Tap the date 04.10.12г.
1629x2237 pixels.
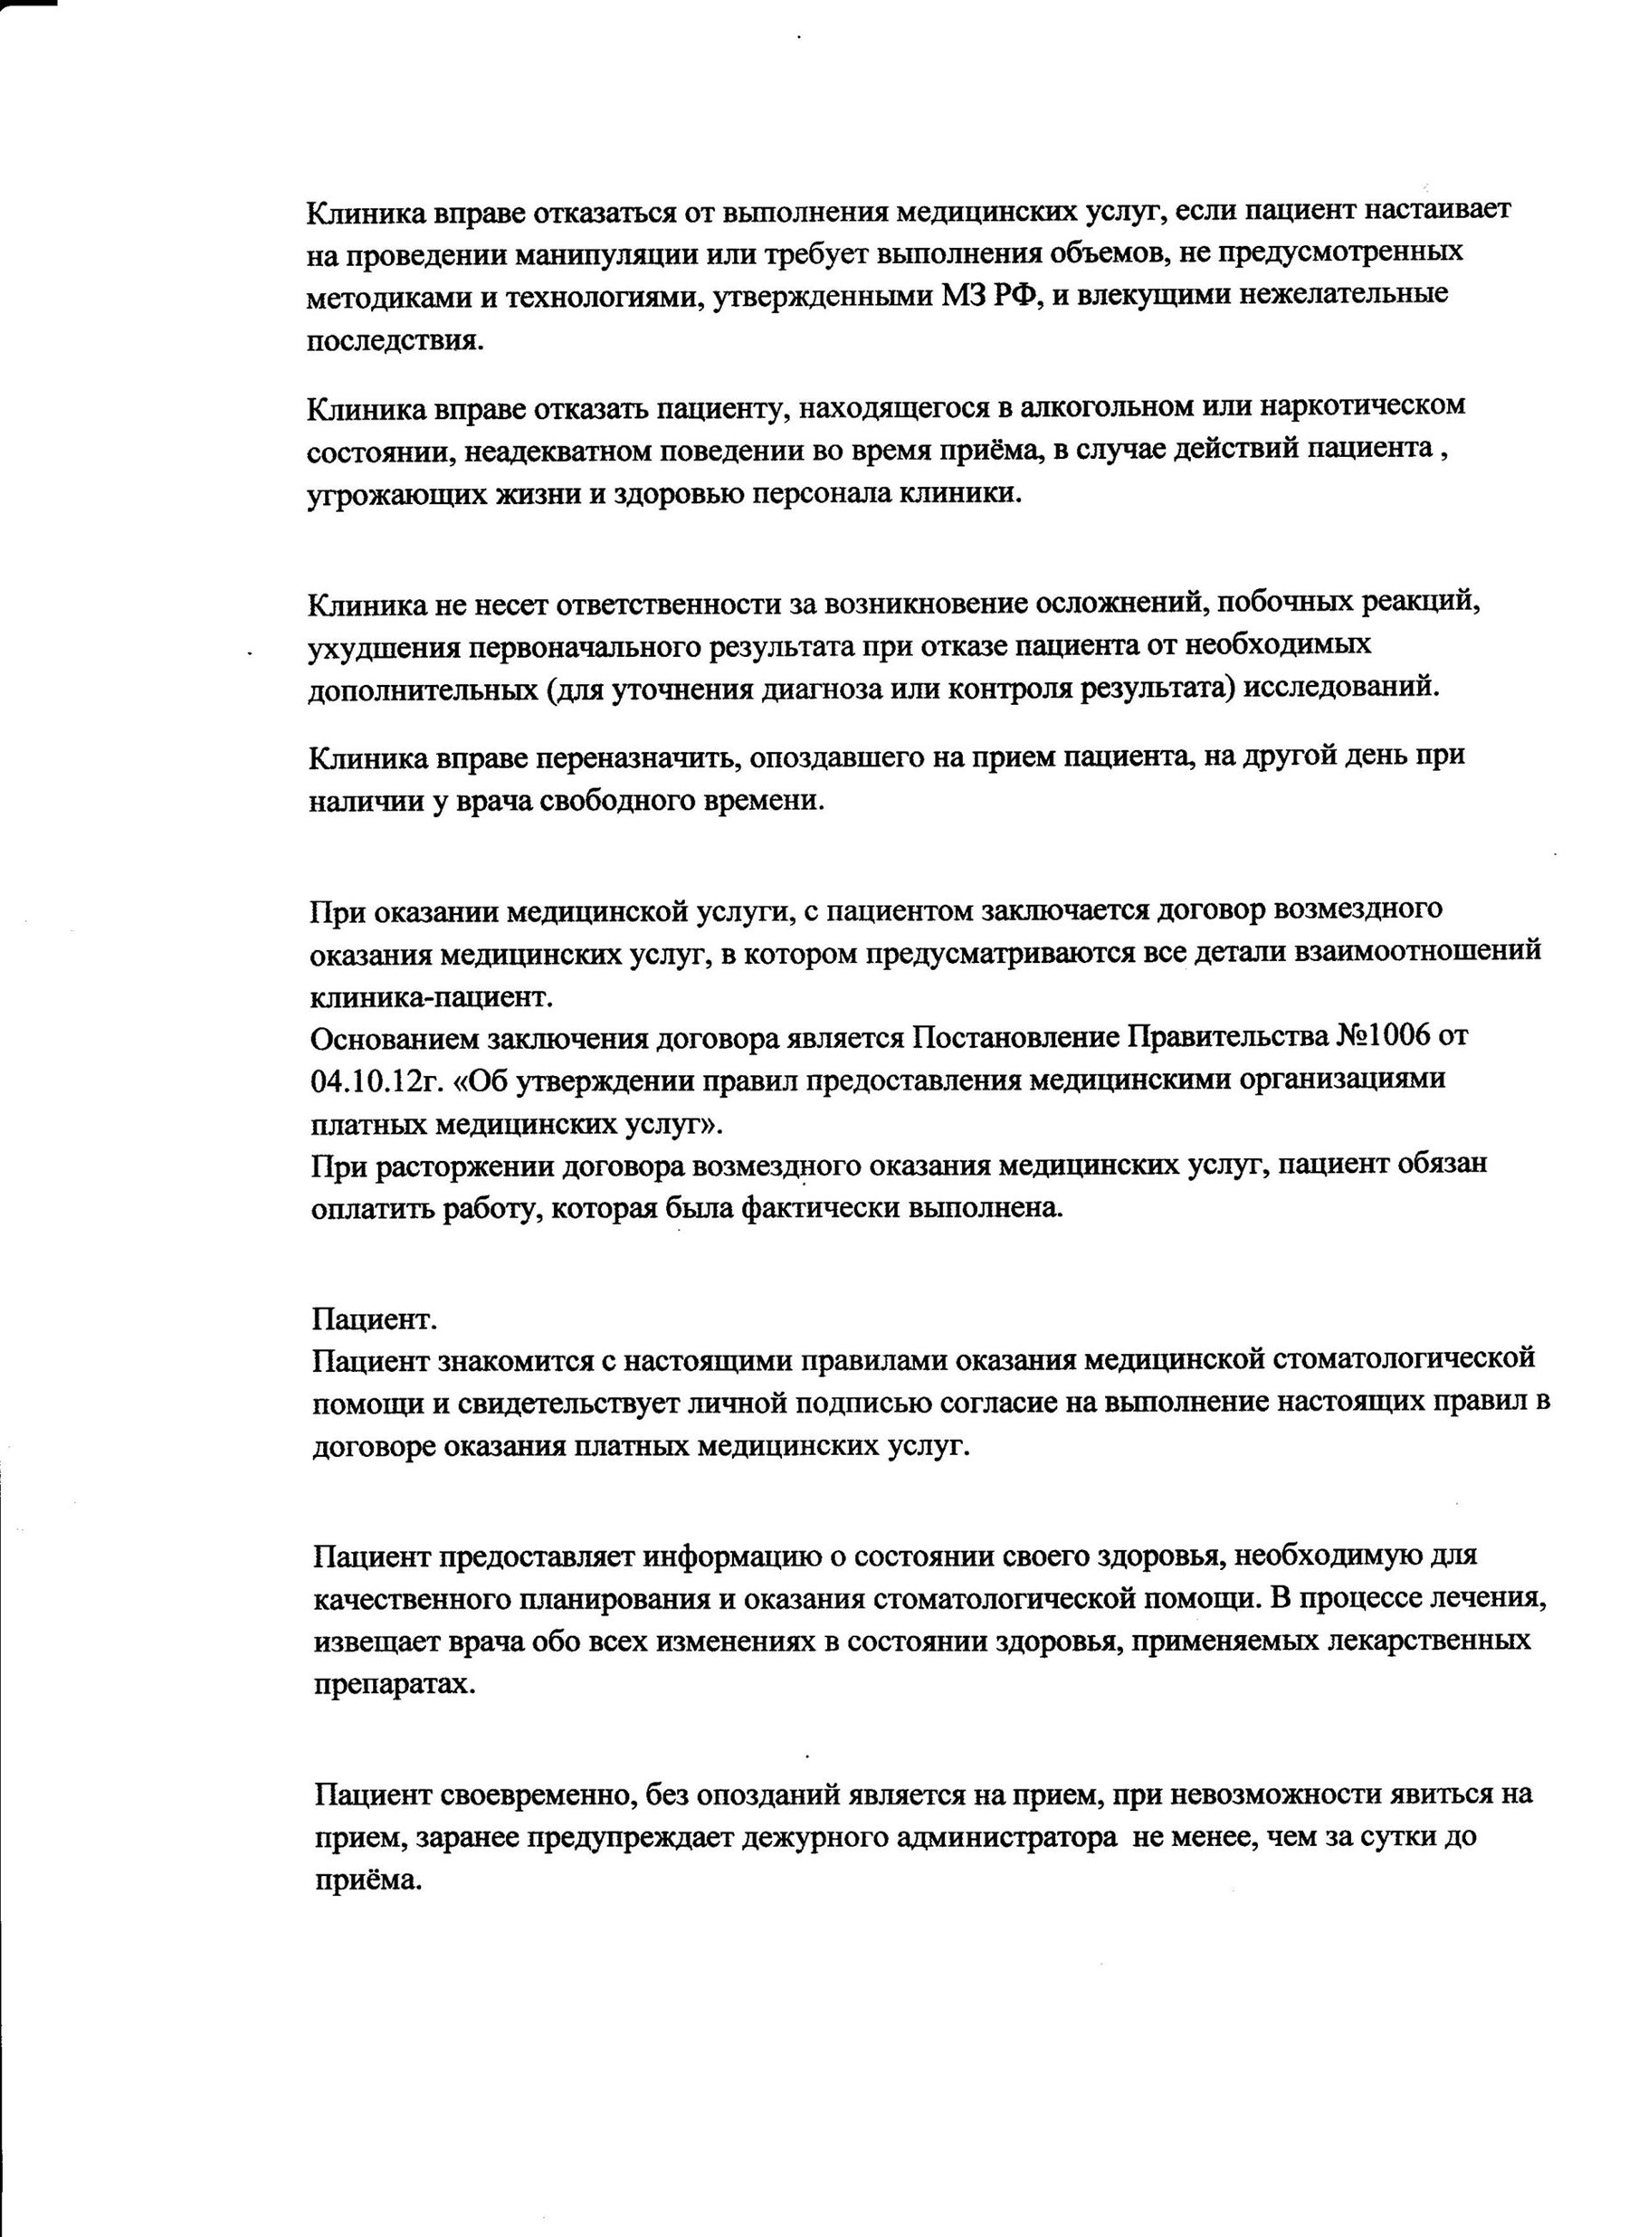[x=375, y=1080]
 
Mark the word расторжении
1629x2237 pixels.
[x=463, y=1166]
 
